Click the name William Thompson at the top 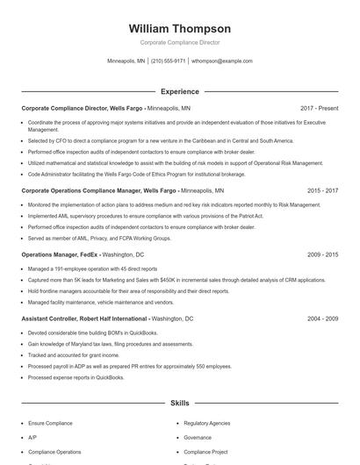pos(179,29)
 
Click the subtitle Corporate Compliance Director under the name pos(179,42)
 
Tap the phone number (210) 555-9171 pos(168,61)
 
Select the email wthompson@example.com pos(222,61)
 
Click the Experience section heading pos(179,91)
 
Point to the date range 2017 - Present pos(319,108)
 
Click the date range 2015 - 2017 pos(322,190)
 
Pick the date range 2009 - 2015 pos(322,254)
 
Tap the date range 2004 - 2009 pos(322,318)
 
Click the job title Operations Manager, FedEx pos(61,254)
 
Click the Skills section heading pos(179,403)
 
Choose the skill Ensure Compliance pos(50,423)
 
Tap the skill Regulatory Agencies pos(206,423)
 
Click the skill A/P pos(32,437)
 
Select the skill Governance pos(198,437)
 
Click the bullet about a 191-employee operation pos(92,268)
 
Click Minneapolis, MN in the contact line pos(126,61)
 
